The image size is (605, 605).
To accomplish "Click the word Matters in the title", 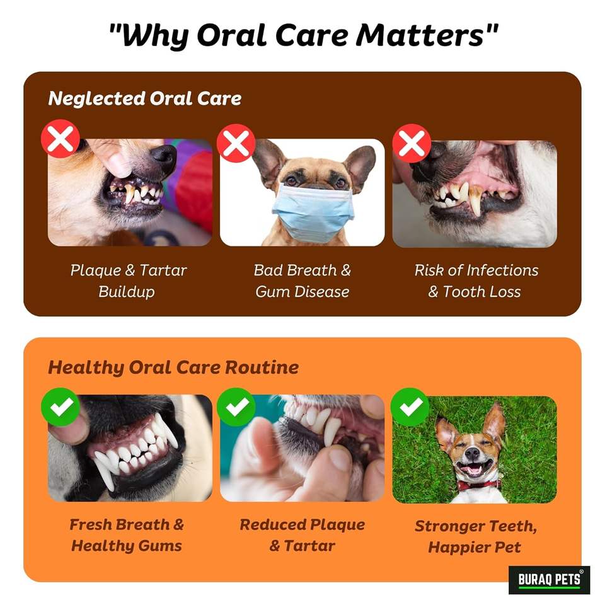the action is [420, 35].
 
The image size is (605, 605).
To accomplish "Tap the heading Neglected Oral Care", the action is [145, 99].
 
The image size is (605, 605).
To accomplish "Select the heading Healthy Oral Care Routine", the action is [173, 367].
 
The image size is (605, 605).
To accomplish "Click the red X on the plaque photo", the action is [60, 139].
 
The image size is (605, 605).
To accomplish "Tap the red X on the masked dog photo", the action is [236, 143].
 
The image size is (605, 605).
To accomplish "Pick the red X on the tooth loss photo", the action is [412, 143].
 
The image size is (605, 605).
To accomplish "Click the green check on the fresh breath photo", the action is [60, 407].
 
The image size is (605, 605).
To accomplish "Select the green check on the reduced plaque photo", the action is [236, 407].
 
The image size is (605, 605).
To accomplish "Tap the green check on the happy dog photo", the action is [410, 407].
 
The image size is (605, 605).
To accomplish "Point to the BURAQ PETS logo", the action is [549, 580].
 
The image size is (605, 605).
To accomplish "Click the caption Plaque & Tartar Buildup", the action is [129, 281].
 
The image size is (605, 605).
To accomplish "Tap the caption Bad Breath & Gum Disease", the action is [302, 281].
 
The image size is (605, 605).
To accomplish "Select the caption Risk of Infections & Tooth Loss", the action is [476, 281].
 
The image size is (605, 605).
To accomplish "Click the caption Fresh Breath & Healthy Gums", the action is [127, 535].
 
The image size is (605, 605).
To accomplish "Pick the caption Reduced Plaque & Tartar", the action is [302, 535].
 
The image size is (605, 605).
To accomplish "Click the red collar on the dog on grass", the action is [479, 485].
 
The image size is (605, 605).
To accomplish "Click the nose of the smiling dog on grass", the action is [472, 454].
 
